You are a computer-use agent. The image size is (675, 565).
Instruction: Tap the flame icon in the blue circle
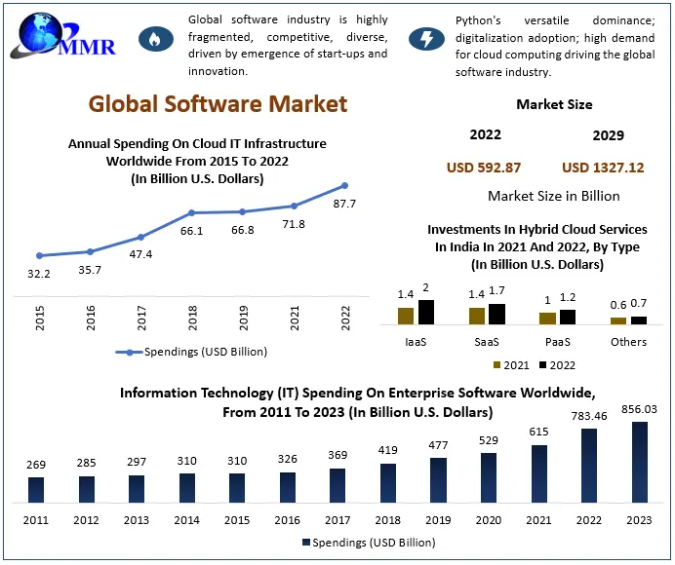coord(154,39)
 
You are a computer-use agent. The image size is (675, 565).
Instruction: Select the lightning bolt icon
coord(426,39)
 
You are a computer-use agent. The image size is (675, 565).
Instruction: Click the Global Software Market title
coord(218,103)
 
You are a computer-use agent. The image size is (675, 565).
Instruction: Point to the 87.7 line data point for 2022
coord(344,185)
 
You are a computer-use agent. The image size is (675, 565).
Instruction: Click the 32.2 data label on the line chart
coord(39,274)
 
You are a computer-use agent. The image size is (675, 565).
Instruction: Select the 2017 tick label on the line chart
coord(140,318)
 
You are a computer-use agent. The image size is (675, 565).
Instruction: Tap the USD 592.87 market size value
coord(484,168)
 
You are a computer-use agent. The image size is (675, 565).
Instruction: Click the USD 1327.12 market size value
coord(603,168)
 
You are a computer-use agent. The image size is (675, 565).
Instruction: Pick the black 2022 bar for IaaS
coord(426,312)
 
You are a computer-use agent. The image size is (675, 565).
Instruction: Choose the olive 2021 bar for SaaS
coord(476,316)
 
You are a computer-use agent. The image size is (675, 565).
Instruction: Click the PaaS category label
coord(556,342)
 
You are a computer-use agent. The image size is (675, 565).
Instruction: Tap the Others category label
coord(628,342)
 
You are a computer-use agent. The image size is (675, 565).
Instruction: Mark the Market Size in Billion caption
coord(554,196)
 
